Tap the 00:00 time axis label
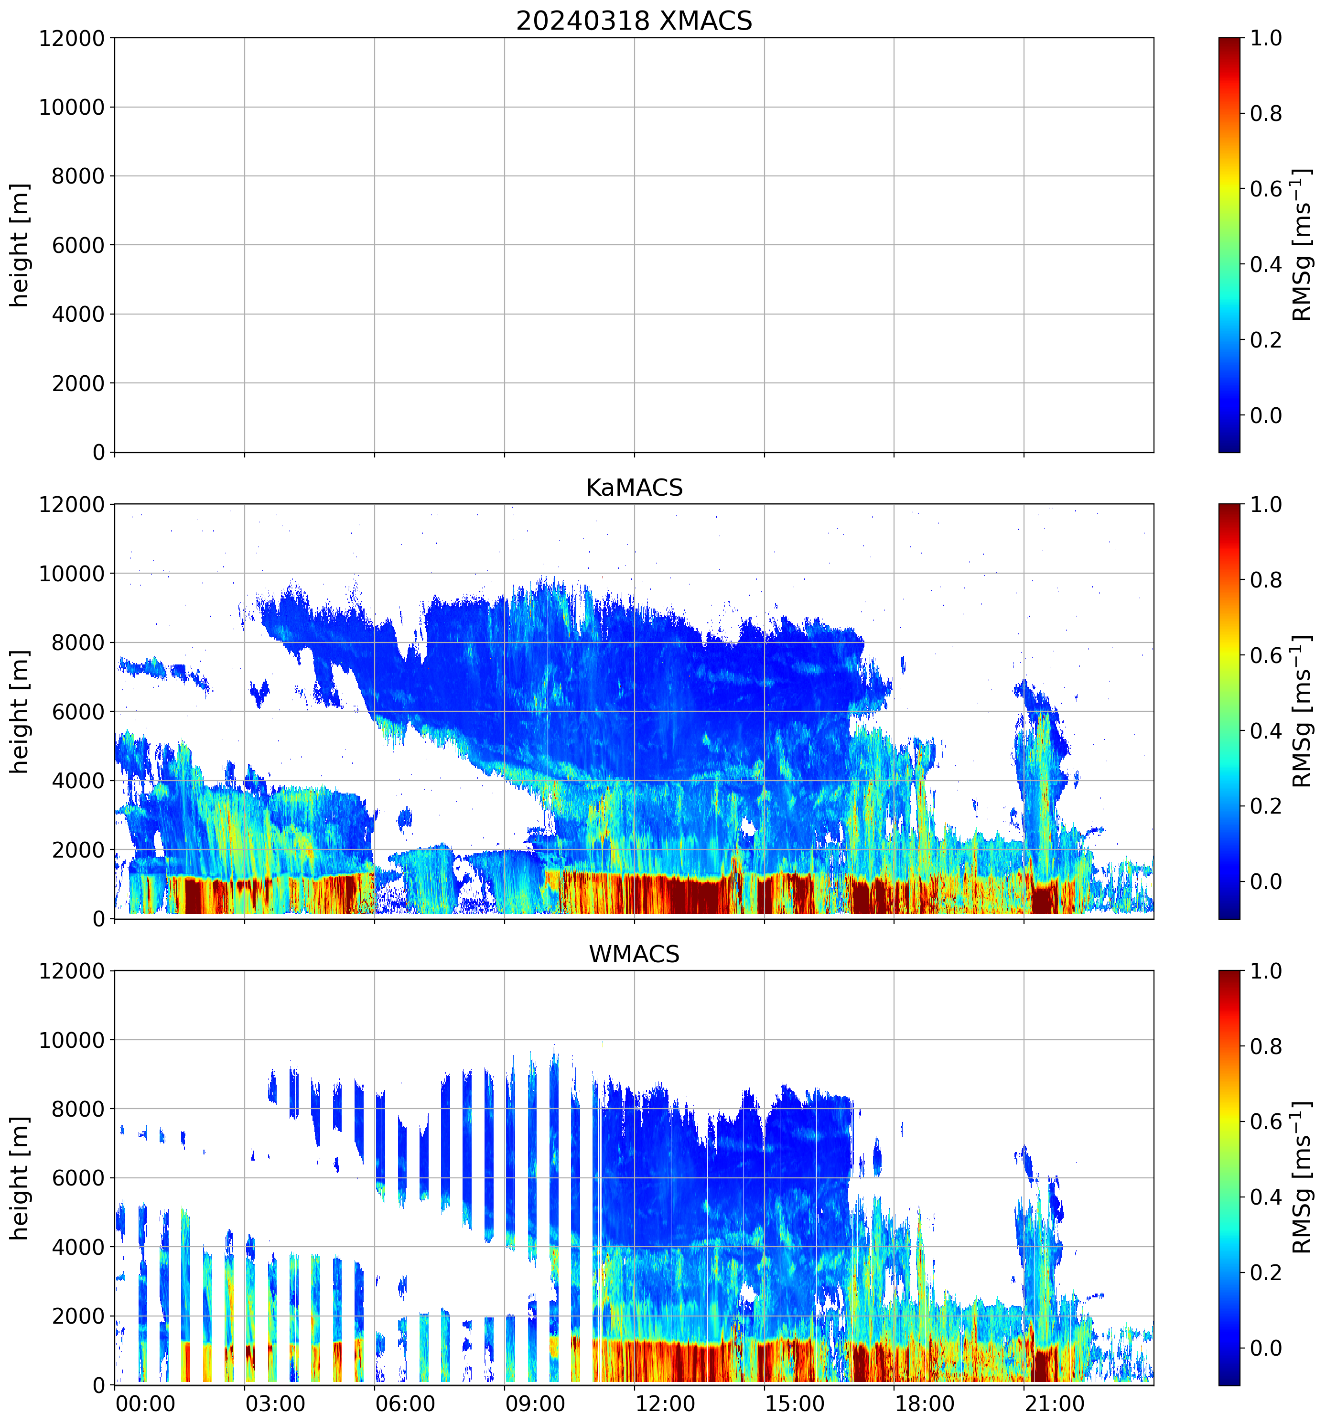145,1403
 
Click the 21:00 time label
1054,1403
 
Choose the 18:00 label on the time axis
924,1403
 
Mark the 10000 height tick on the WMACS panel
72,1040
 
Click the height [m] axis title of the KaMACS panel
20,711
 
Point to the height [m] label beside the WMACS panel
20,1178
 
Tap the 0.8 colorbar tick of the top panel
1266,113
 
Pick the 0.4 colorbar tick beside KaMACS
1266,731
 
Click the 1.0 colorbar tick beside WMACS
1266,971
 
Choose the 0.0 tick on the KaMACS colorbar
1266,881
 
